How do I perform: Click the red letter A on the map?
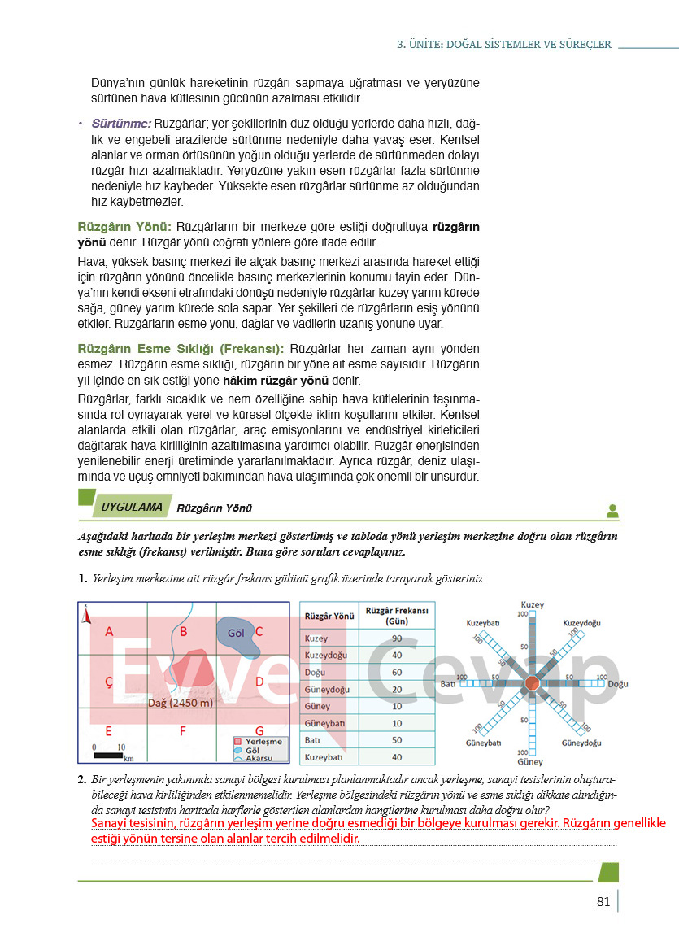pos(109,631)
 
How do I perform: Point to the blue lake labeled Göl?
pos(238,634)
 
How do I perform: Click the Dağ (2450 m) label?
pos(180,703)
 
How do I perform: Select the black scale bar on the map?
pos(107,756)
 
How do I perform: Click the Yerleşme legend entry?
pos(262,742)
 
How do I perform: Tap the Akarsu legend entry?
pos(262,758)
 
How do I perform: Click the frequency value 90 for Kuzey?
pos(396,638)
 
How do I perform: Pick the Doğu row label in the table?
pos(315,673)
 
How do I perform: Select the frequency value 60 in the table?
pos(396,673)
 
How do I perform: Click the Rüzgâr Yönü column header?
pos(329,616)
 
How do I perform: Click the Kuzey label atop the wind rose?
pos(532,605)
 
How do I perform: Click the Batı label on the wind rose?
pos(448,684)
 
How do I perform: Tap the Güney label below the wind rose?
pos(530,762)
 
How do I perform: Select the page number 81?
pos(603,901)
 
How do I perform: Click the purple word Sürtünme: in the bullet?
pos(121,124)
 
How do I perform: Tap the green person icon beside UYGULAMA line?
pos(612,512)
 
